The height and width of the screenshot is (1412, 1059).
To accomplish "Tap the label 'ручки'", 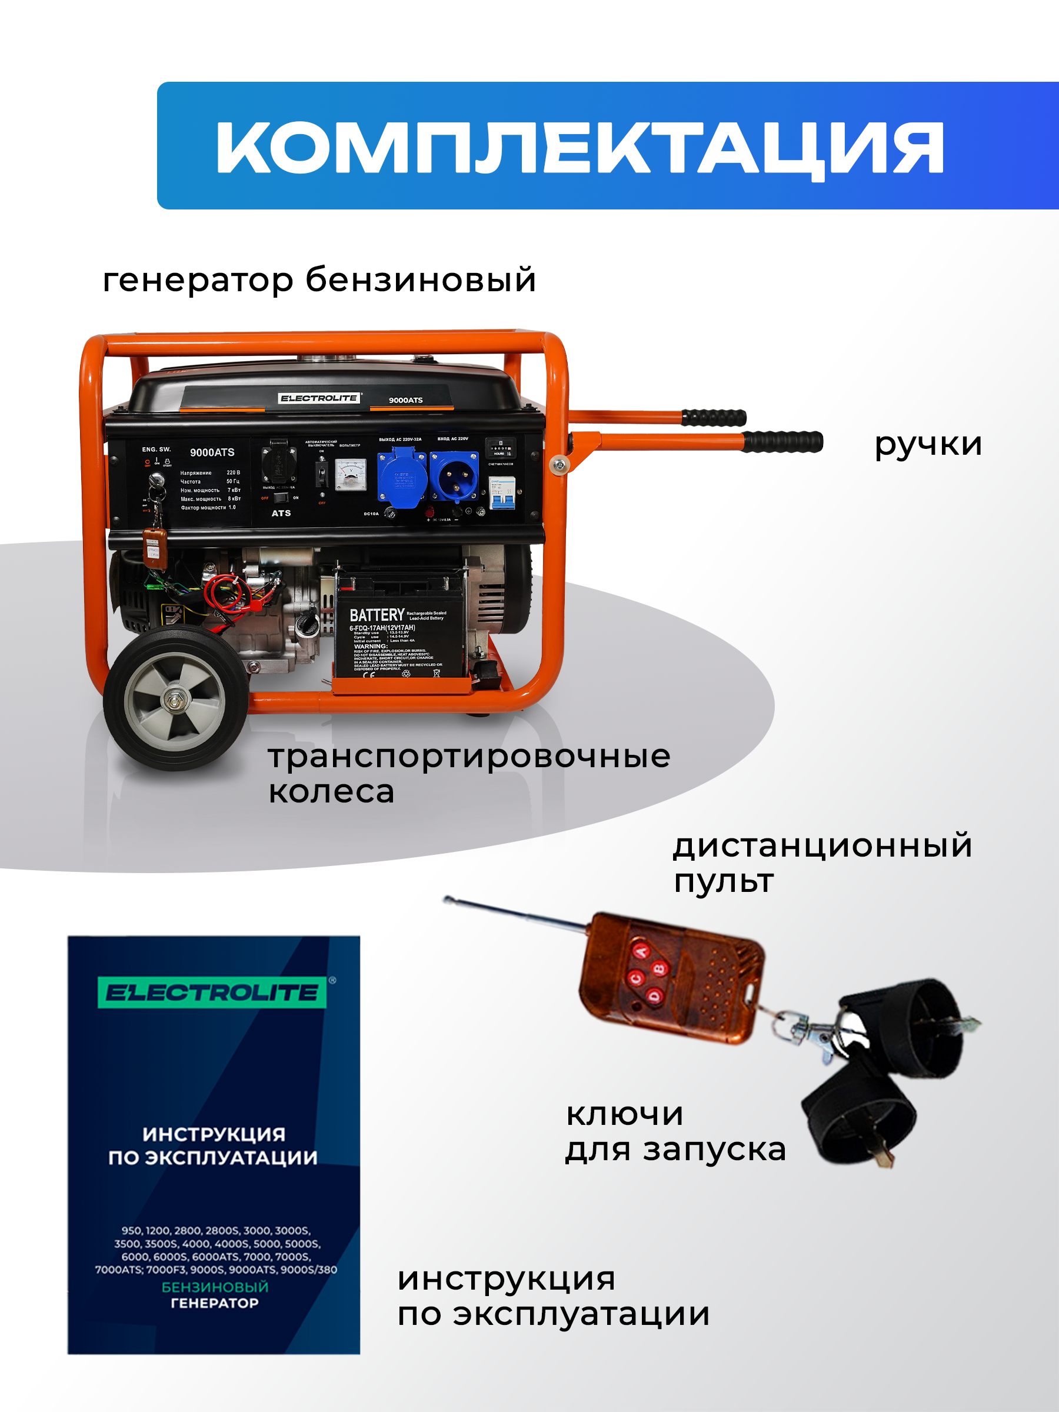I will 927,444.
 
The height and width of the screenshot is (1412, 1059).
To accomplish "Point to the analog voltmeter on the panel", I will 351,474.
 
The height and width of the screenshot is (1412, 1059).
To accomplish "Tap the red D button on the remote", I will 655,995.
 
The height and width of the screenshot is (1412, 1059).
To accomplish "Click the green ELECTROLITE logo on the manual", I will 212,993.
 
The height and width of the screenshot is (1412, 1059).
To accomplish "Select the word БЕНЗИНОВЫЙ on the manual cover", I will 215,1287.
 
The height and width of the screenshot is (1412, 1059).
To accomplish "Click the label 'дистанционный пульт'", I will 821,863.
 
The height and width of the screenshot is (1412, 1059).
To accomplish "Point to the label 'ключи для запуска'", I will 675,1132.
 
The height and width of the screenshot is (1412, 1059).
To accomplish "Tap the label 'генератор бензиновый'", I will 319,279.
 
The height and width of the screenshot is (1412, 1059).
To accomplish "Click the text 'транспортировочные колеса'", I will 468,774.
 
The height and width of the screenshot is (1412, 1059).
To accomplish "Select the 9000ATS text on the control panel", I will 212,452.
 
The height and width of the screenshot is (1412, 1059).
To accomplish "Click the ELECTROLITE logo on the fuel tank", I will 318,398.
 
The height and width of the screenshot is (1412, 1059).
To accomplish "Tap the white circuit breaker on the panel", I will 502,493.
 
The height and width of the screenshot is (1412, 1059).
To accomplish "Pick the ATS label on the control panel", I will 281,513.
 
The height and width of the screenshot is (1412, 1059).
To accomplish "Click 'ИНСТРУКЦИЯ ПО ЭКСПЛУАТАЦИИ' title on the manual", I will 213,1146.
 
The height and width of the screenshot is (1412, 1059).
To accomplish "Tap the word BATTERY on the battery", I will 377,615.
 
